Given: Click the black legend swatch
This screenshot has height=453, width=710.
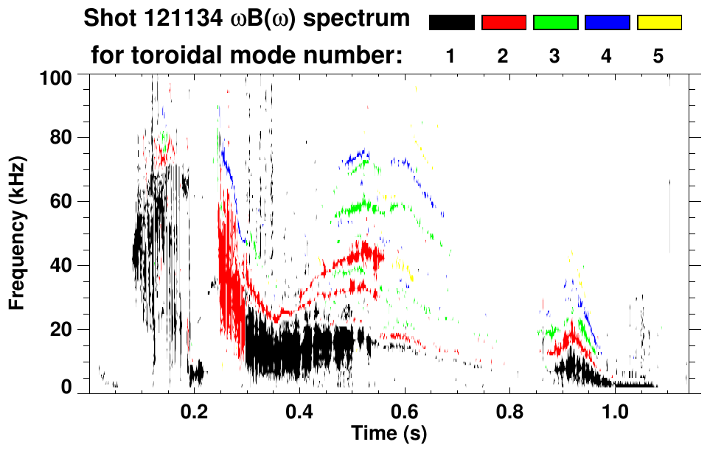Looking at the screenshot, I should [x=451, y=23].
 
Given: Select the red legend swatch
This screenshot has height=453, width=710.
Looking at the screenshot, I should [x=504, y=23].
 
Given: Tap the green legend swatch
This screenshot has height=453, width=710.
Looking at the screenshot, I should [x=555, y=23].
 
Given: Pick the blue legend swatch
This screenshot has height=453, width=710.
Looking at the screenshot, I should [x=607, y=23].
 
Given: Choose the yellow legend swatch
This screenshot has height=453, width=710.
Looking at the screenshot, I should [x=658, y=23].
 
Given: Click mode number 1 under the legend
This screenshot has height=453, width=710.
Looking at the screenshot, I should [x=451, y=57].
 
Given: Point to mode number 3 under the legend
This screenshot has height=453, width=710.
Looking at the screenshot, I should [x=555, y=57].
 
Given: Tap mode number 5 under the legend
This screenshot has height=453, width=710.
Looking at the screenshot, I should [x=658, y=57].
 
